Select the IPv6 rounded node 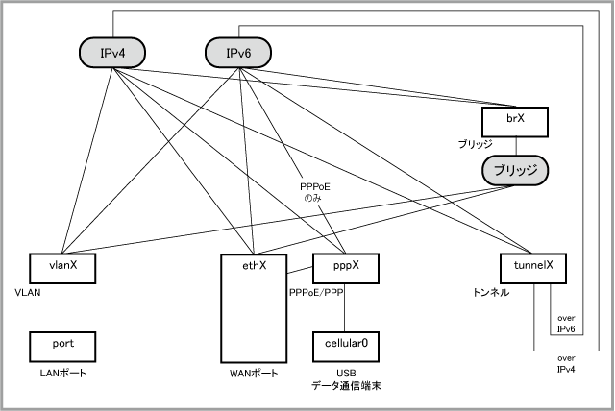[x=238, y=53]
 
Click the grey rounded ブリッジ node [x=514, y=170]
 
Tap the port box [x=61, y=343]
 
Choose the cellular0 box [x=345, y=343]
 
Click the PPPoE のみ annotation [x=315, y=192]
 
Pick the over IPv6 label [x=567, y=322]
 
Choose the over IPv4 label [x=567, y=362]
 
